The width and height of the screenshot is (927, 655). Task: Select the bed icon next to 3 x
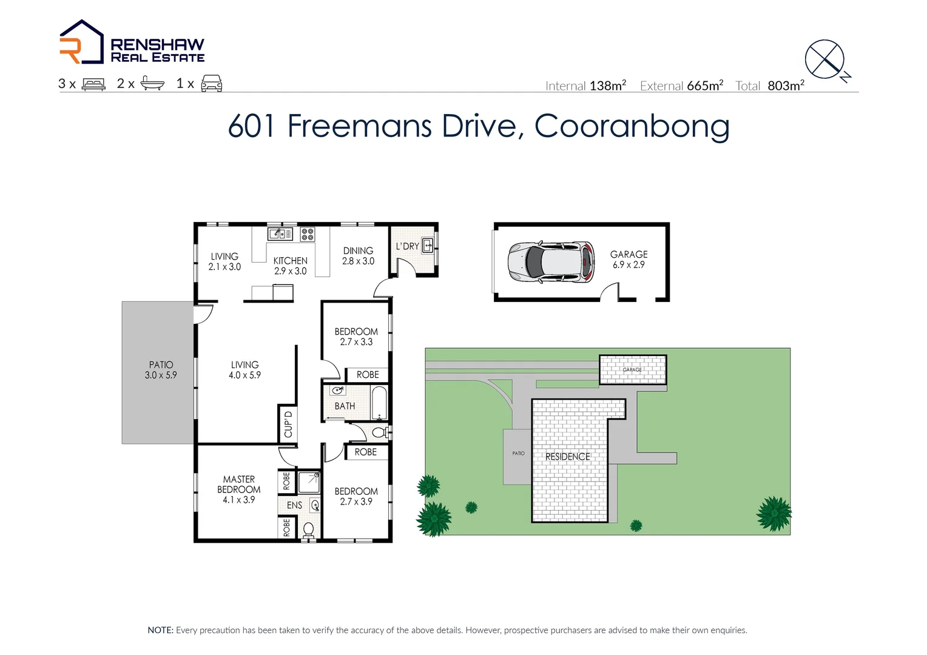coord(93,84)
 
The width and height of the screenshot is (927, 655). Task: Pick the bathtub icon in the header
coord(152,84)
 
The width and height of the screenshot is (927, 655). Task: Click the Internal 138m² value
coord(607,86)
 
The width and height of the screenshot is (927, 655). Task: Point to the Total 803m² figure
coord(786,86)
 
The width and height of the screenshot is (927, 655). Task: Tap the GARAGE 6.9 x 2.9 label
coord(629,260)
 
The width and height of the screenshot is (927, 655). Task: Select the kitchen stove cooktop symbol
coord(308,234)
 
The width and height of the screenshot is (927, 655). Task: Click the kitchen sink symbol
coord(280,233)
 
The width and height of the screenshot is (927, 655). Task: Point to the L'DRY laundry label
coord(407,246)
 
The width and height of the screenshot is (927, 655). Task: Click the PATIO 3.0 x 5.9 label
coord(161,370)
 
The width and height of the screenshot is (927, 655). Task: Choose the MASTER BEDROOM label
coord(238,489)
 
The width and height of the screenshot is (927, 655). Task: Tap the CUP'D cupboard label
coord(288,424)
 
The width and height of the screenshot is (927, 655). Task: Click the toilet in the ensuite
coord(309,530)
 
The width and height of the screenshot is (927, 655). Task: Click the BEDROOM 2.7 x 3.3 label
coord(356,337)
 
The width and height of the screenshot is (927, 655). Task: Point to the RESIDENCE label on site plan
coord(567,457)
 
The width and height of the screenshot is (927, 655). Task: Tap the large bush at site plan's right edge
coord(774,514)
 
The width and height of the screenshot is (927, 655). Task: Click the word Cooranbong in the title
coord(632,126)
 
